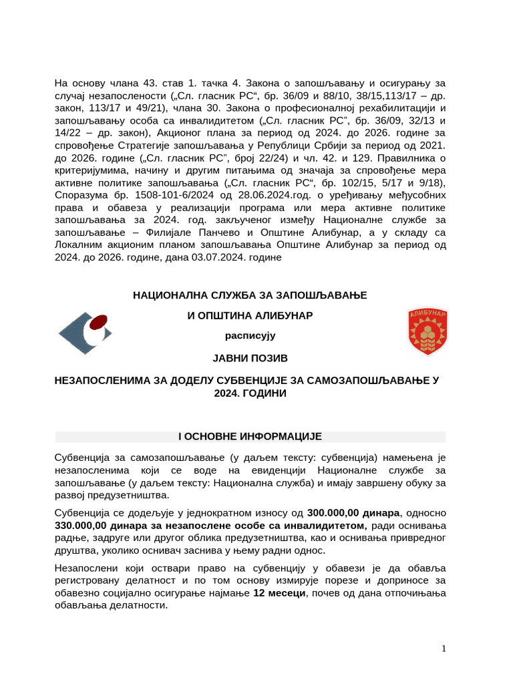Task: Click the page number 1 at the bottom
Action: [x=444, y=649]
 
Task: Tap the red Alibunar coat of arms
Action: [x=427, y=331]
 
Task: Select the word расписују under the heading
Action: [x=250, y=336]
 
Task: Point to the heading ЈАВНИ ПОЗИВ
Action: [x=250, y=359]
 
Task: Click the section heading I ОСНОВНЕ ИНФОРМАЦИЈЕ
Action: [x=250, y=437]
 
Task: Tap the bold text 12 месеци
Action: [x=279, y=593]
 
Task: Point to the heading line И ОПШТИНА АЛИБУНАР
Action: [x=250, y=315]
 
